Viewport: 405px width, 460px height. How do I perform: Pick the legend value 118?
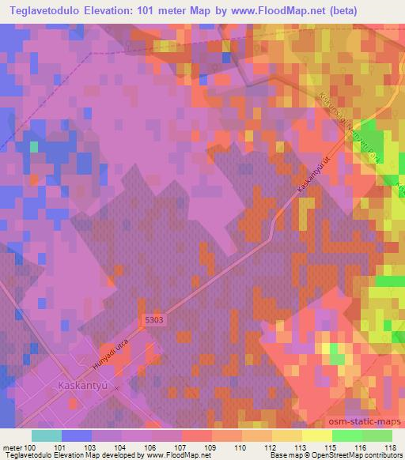pos(388,447)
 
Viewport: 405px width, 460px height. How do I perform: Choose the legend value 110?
pos(237,447)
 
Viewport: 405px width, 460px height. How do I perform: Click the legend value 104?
pos(120,447)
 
